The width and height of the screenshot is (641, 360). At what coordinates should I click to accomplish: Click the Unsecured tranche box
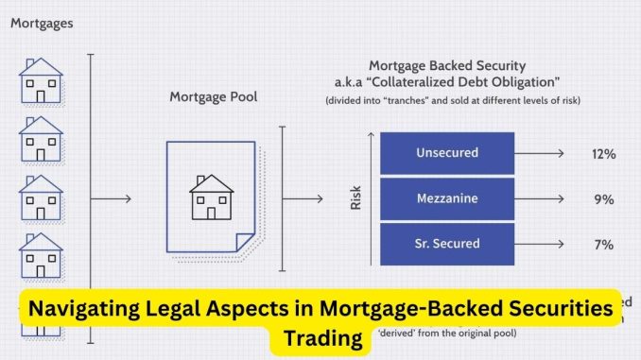coord(446,153)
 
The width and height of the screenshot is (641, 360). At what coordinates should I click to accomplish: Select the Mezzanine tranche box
coord(446,199)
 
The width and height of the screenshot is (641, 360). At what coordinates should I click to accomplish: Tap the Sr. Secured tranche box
coord(446,245)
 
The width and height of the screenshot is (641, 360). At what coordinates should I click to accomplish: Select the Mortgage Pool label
coord(213,96)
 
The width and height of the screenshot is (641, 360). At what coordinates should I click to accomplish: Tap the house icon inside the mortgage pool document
coord(211,196)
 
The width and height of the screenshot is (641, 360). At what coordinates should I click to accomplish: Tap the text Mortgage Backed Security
coord(448,67)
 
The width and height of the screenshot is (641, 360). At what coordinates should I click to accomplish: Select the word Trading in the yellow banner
coord(322,336)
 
